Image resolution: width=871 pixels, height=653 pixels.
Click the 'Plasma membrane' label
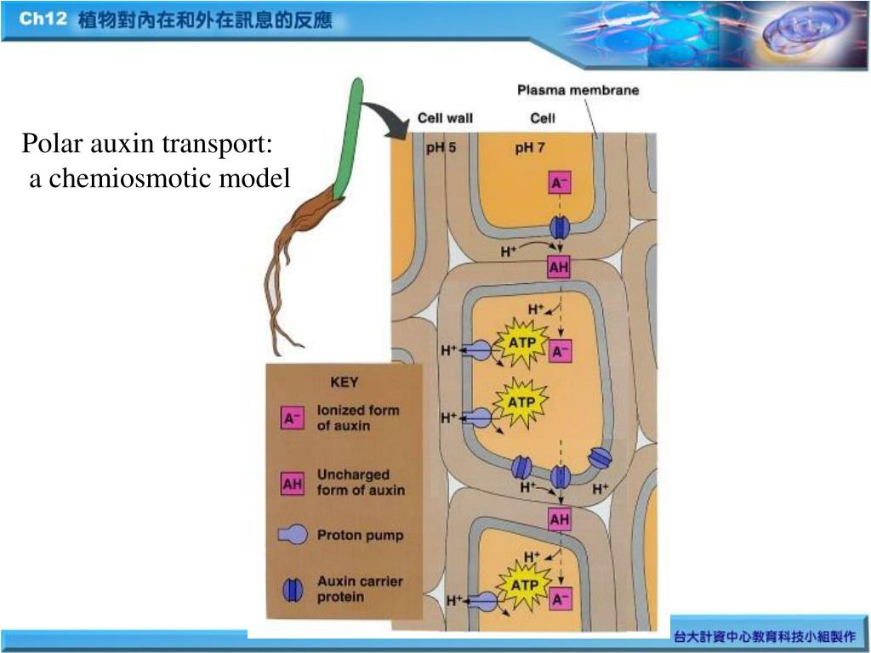pyautogui.click(x=578, y=90)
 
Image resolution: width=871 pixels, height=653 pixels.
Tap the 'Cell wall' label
pyautogui.click(x=445, y=118)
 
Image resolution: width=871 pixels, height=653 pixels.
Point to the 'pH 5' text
pyautogui.click(x=441, y=147)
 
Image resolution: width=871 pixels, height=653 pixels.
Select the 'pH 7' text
pyautogui.click(x=530, y=147)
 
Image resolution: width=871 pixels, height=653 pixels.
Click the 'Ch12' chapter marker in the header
pyautogui.click(x=43, y=19)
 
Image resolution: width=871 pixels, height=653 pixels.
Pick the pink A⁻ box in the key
pyautogui.click(x=293, y=417)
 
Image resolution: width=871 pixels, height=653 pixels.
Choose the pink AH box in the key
pyautogui.click(x=293, y=483)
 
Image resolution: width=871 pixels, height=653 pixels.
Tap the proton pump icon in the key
pyautogui.click(x=293, y=535)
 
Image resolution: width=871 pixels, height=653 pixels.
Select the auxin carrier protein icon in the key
pyautogui.click(x=292, y=589)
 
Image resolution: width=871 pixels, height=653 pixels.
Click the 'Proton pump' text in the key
pyautogui.click(x=360, y=536)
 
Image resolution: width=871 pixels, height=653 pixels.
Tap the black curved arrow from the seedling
pyautogui.click(x=387, y=119)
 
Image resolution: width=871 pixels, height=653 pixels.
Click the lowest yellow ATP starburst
pyautogui.click(x=524, y=585)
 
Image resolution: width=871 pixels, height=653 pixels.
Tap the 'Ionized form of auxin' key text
pyautogui.click(x=357, y=417)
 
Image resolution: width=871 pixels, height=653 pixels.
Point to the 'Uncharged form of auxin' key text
pyautogui.click(x=361, y=482)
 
